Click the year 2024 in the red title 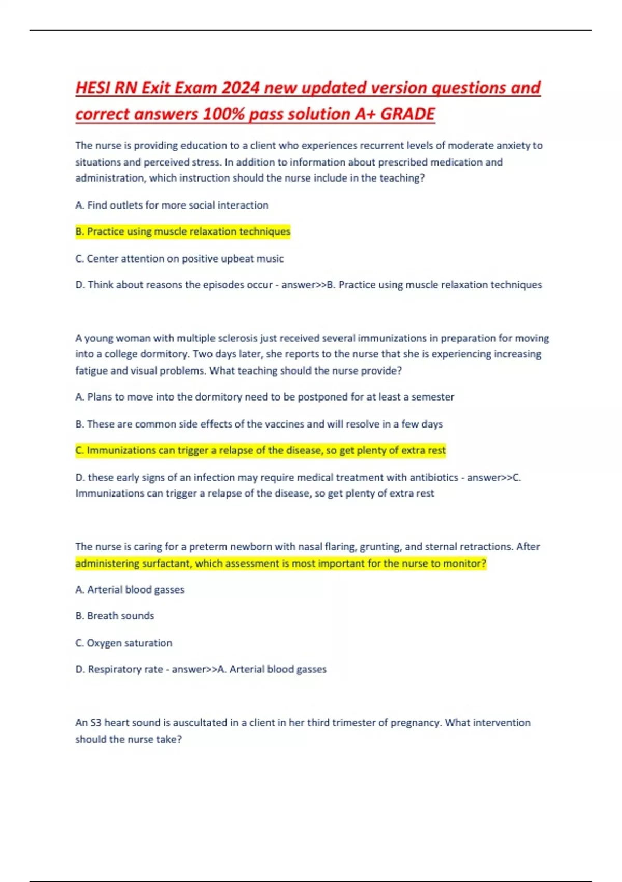point(240,88)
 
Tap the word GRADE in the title point(407,114)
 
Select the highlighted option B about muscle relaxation point(183,231)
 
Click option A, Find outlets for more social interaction point(172,205)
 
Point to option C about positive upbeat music point(179,258)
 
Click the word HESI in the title point(93,88)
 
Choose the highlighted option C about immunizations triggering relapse point(261,450)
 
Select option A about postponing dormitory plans point(264,397)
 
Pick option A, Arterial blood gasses point(130,589)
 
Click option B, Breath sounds point(115,616)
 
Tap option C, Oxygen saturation point(123,643)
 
